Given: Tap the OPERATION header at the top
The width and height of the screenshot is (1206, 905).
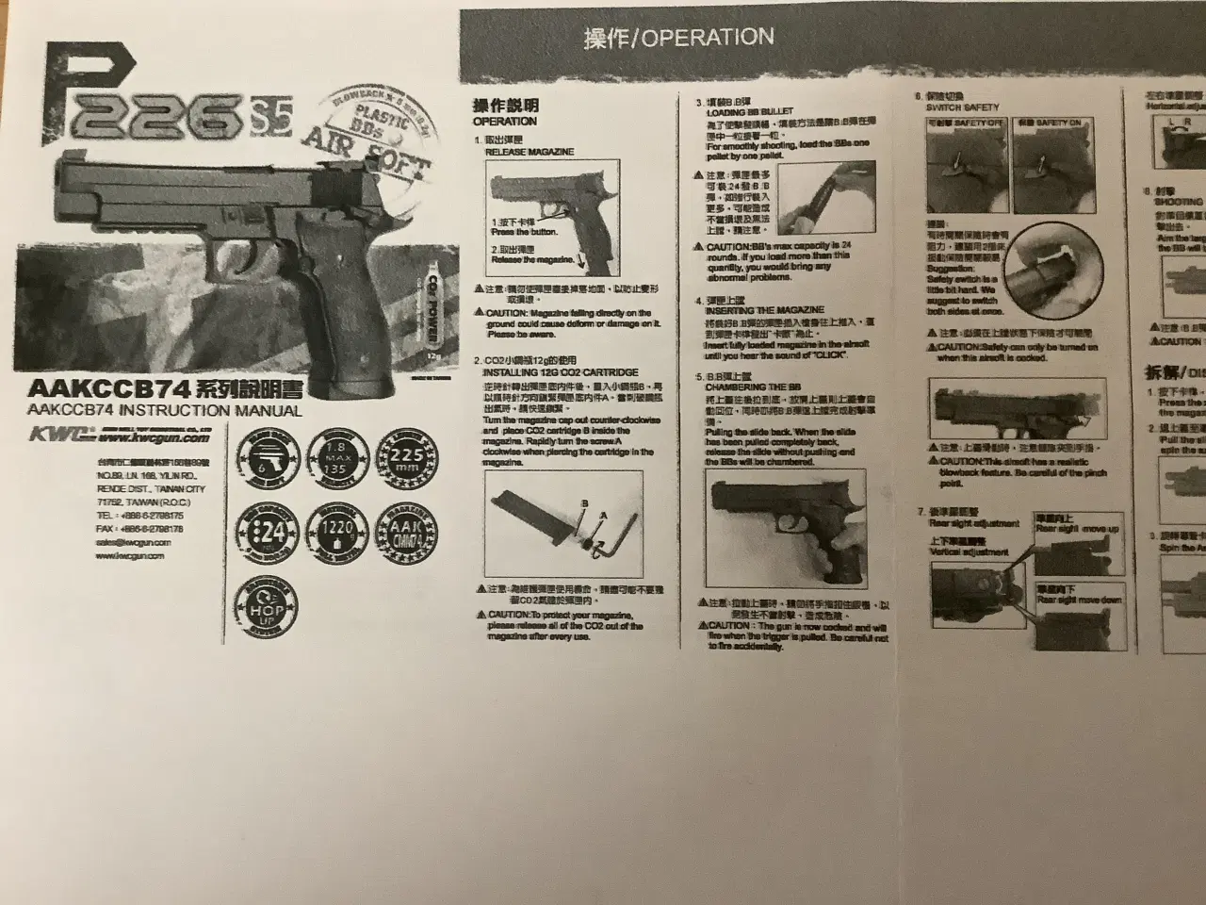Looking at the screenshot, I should (678, 38).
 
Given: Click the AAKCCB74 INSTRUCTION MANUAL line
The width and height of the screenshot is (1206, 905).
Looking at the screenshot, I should (165, 411).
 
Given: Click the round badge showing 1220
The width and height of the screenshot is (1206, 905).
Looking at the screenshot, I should (337, 532).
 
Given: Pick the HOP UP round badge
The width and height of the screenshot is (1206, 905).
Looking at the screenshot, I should (268, 610).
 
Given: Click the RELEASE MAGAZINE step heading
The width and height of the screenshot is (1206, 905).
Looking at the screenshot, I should (529, 152).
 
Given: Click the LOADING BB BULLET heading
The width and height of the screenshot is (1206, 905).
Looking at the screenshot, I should (750, 112).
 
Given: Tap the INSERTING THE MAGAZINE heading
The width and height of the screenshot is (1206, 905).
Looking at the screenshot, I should (764, 310).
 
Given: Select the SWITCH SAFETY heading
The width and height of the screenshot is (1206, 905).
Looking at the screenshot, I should (962, 107).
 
